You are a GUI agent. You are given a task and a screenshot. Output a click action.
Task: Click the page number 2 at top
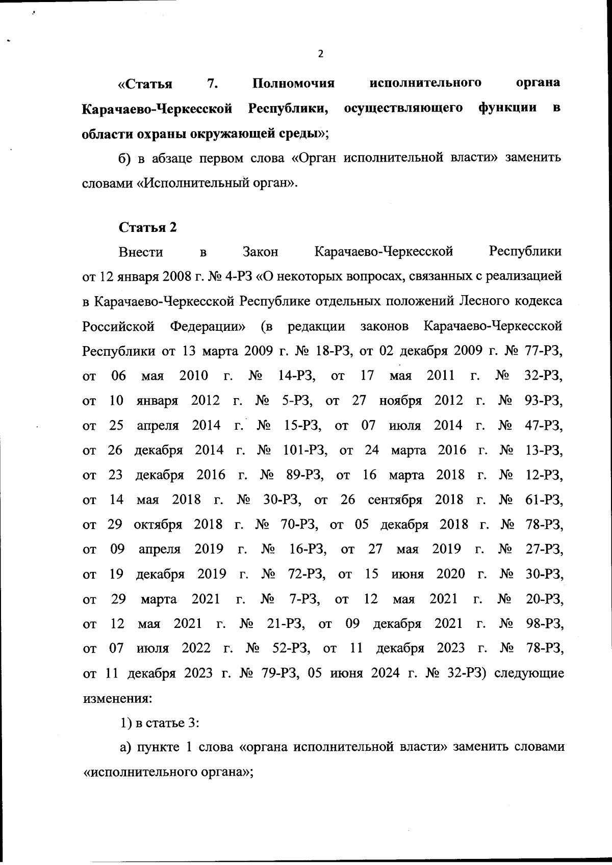[320, 54]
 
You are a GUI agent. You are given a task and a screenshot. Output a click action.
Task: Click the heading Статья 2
[148, 227]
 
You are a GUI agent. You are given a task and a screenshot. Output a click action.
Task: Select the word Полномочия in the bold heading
[293, 83]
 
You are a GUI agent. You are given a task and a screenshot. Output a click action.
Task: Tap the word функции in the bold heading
[507, 108]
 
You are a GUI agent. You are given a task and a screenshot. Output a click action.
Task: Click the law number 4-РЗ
[236, 277]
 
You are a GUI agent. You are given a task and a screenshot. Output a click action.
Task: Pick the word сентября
[395, 500]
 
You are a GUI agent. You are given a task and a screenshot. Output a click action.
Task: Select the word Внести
[141, 252]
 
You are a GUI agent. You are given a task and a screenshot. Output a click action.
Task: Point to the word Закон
[261, 252]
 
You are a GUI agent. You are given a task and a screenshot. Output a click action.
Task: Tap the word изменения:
[117, 698]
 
